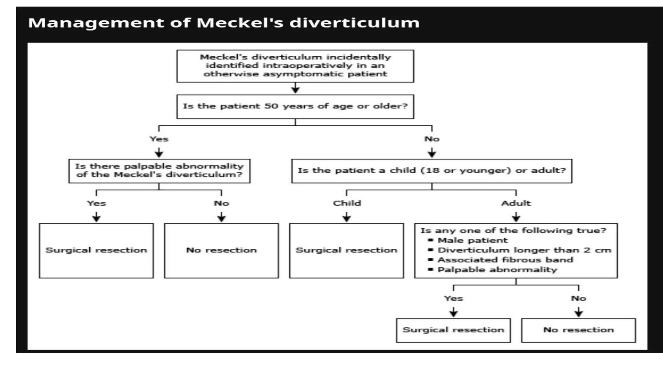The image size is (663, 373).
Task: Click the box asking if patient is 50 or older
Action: (295, 107)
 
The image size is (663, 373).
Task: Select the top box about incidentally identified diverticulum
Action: (295, 66)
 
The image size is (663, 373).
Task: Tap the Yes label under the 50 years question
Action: (159, 139)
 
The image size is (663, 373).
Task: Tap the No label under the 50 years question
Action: (432, 139)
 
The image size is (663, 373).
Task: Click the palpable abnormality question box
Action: (159, 171)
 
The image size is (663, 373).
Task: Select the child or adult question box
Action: (432, 171)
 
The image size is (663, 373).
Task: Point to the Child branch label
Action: (347, 203)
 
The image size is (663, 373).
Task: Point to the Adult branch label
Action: (516, 203)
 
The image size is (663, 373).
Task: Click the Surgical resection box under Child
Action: (346, 250)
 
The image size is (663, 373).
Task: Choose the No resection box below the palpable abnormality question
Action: (221, 250)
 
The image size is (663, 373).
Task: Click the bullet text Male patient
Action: (472, 240)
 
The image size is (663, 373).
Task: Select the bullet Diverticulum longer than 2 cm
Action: (524, 250)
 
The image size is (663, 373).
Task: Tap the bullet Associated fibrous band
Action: (505, 260)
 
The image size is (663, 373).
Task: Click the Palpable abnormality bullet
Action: (497, 270)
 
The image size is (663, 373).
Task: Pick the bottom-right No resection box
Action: (578, 330)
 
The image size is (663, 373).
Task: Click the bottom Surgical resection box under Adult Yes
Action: (453, 330)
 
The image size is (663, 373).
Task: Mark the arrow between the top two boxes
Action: (295, 88)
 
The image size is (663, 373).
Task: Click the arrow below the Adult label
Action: (516, 217)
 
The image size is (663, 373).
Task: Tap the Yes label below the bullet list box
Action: (453, 298)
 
